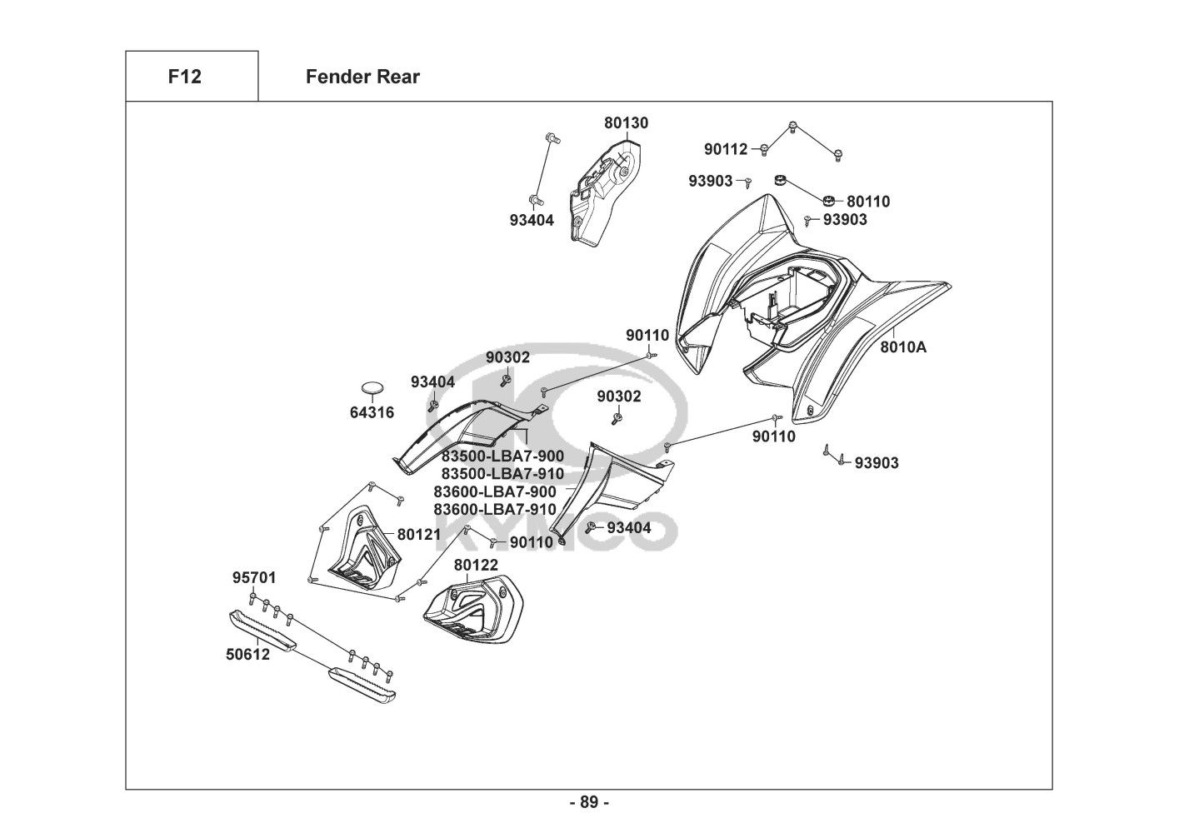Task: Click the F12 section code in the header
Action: pos(184,77)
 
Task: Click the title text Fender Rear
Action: pos(362,77)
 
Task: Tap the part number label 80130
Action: pos(626,123)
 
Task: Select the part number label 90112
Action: pos(726,150)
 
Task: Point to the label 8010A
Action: pos(903,347)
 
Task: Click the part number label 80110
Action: pos(868,202)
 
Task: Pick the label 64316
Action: pos(372,412)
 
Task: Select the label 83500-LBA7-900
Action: pos(502,456)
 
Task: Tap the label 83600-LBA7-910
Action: pos(495,509)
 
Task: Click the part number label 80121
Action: pos(418,534)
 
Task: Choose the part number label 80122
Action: pos(476,565)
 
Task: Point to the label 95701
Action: pos(253,578)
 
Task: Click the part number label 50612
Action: pos(247,654)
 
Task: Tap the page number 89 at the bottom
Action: pos(588,803)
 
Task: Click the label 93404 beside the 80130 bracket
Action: pos(532,221)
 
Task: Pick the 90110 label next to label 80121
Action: pos(532,542)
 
